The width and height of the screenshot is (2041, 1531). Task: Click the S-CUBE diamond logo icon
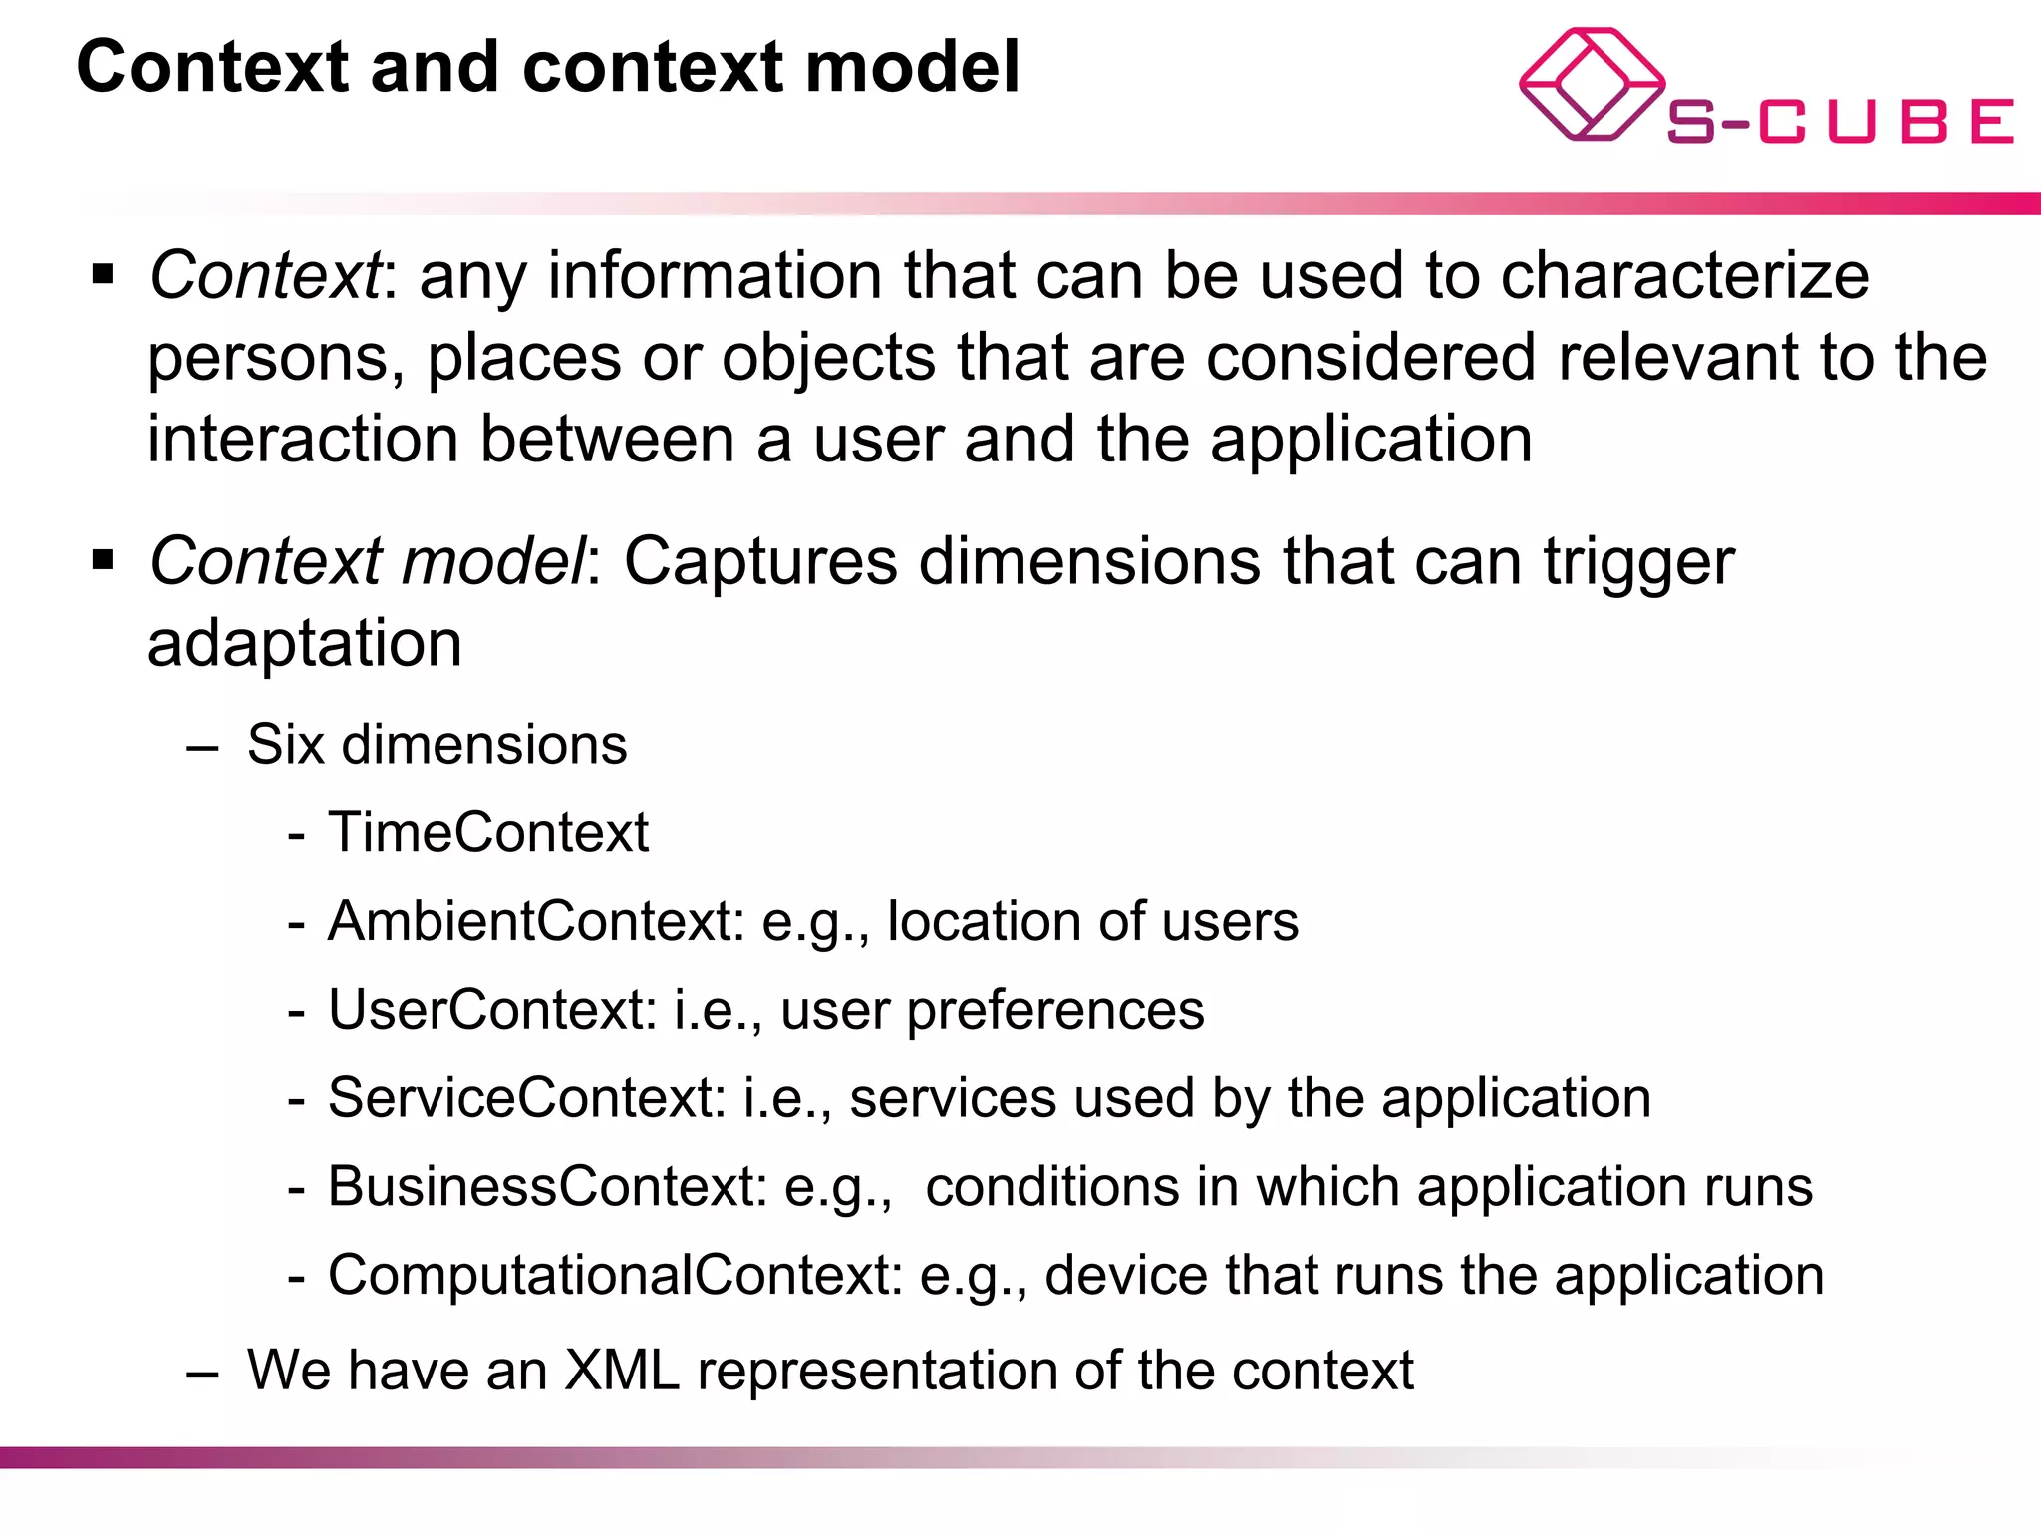[1592, 84]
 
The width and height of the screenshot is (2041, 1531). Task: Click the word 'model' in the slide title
[912, 68]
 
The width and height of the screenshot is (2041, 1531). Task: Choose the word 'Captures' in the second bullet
[760, 561]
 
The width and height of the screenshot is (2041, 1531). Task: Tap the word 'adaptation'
[305, 643]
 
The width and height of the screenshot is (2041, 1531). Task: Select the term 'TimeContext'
[488, 832]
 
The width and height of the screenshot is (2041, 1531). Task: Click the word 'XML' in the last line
[622, 1371]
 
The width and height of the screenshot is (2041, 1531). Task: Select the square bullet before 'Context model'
[103, 560]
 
